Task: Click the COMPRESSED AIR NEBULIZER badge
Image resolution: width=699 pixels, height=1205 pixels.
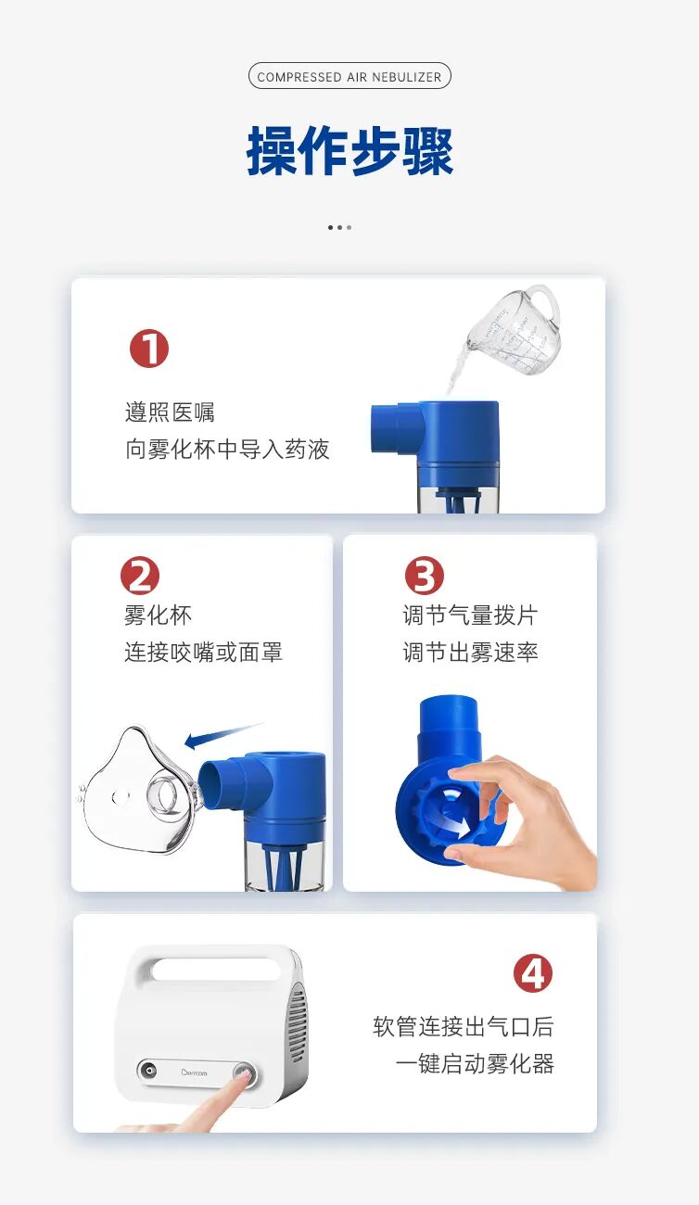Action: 349,76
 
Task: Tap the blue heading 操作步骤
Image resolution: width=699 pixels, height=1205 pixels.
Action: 349,151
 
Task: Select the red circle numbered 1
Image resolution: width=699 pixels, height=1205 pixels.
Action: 149,349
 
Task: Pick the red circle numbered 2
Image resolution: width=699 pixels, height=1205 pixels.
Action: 140,576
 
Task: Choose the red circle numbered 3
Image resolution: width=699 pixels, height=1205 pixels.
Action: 425,576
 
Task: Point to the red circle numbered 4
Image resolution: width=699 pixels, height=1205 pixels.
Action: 533,974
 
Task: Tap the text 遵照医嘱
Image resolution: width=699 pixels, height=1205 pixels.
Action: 170,412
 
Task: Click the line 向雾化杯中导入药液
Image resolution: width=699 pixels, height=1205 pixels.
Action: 227,450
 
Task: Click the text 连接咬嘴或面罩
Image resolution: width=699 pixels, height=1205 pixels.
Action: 203,653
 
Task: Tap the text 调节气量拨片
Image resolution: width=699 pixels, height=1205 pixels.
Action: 470,615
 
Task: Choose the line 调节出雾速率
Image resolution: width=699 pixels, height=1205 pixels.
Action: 470,653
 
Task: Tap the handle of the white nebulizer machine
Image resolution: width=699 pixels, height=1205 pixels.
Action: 215,969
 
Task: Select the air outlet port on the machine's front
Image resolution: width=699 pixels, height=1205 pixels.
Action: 147,1071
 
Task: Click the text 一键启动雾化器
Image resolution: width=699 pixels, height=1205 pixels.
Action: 475,1063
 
